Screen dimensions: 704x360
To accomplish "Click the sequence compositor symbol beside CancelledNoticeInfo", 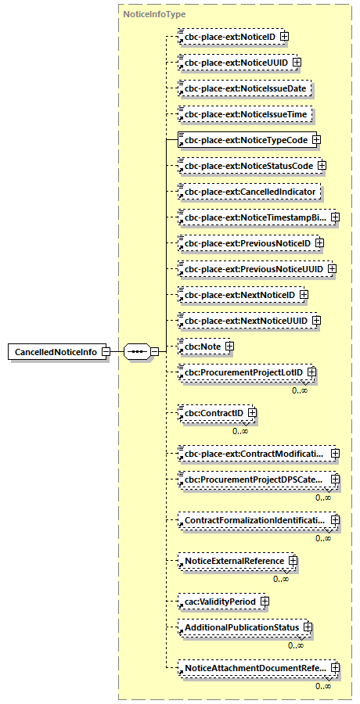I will [x=136, y=352].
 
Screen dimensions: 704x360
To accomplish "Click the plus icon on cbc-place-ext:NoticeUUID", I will [x=296, y=62].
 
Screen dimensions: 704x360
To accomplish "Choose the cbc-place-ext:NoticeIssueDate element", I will [x=245, y=88].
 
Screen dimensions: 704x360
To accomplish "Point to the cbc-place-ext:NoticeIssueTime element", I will [x=245, y=114].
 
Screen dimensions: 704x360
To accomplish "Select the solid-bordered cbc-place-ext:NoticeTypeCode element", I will [x=243, y=140].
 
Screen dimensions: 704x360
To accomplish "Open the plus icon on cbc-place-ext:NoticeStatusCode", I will [x=322, y=166].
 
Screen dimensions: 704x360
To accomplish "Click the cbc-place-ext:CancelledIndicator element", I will [x=250, y=192].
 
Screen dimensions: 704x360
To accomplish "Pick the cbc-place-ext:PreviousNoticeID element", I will [x=245, y=244].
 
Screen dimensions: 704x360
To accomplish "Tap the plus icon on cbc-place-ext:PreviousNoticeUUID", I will [x=332, y=270].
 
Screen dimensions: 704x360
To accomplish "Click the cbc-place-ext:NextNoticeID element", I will [x=237, y=295].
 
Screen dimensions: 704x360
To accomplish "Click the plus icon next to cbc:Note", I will [x=230, y=346].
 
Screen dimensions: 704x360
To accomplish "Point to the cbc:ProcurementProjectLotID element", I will [x=243, y=371].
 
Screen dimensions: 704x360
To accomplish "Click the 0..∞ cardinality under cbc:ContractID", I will [x=240, y=430].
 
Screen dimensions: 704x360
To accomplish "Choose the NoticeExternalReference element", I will [x=233, y=560].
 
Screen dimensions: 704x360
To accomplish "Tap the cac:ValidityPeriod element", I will [x=218, y=601].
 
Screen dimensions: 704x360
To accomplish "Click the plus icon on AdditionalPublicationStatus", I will [x=308, y=627].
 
